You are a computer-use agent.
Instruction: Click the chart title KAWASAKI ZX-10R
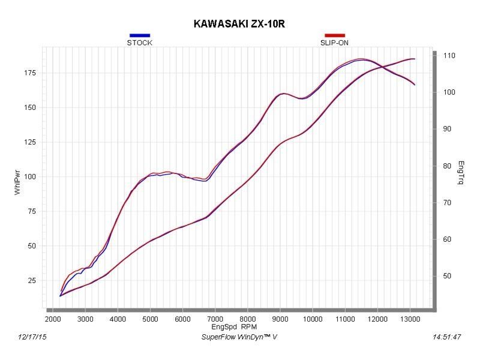pyautogui.click(x=240, y=24)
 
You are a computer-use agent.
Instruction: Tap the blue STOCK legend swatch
pyautogui.click(x=139, y=35)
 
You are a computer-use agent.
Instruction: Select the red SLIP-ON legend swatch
pyautogui.click(x=334, y=35)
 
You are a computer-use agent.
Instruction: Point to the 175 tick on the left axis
pyautogui.click(x=30, y=73)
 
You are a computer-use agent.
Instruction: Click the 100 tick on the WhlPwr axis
pyautogui.click(x=30, y=176)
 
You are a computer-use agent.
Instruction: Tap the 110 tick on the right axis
pyautogui.click(x=449, y=55)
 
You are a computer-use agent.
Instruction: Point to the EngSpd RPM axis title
pyautogui.click(x=231, y=327)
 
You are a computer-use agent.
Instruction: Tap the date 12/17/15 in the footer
pyautogui.click(x=33, y=337)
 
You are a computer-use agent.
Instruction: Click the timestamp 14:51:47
pyautogui.click(x=446, y=337)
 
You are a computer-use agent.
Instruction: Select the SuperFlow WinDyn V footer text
pyautogui.click(x=239, y=337)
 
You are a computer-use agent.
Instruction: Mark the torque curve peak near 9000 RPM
pyautogui.click(x=283, y=94)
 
